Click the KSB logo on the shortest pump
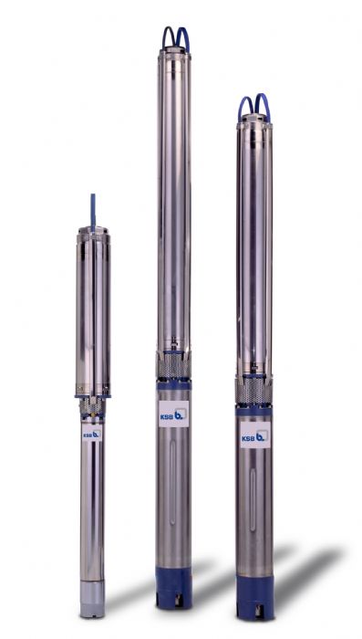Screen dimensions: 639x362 pyautogui.click(x=92, y=435)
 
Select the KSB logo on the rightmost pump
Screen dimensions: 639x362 pyautogui.click(x=255, y=436)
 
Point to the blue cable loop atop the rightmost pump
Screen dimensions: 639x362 pyautogui.click(x=254, y=105)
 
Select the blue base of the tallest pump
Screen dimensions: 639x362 pyautogui.click(x=172, y=585)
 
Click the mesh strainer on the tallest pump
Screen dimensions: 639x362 pyautogui.click(x=172, y=369)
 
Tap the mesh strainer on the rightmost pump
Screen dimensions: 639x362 pyautogui.click(x=254, y=392)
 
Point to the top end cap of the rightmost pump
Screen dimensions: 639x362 pyautogui.click(x=254, y=121)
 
